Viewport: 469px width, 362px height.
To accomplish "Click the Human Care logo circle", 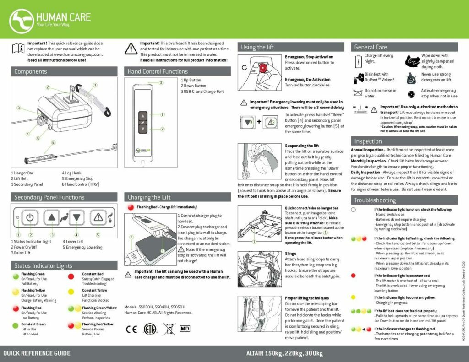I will (22, 19).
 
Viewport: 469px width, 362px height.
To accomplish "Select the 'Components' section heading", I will (31, 71).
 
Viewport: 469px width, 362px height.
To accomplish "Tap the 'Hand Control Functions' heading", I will (158, 71).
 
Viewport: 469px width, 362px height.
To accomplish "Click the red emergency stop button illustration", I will (263, 68).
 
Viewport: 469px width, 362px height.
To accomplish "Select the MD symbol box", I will (185, 329).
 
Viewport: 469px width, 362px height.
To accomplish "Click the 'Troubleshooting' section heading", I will (375, 200).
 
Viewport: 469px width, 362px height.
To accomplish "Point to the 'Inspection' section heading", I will (368, 141).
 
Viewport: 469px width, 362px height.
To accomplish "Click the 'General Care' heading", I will (371, 47).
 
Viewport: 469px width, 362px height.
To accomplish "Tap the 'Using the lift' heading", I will (257, 47).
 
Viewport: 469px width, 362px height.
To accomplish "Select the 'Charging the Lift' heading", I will (149, 197).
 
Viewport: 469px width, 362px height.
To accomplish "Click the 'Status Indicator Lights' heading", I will (43, 265).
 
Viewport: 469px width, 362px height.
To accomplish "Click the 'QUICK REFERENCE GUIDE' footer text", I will (37, 353).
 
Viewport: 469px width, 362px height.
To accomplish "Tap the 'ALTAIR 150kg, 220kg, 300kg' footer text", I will (284, 353).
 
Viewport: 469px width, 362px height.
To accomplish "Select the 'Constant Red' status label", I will (93, 274).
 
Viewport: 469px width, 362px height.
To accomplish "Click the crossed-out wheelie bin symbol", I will (168, 329).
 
